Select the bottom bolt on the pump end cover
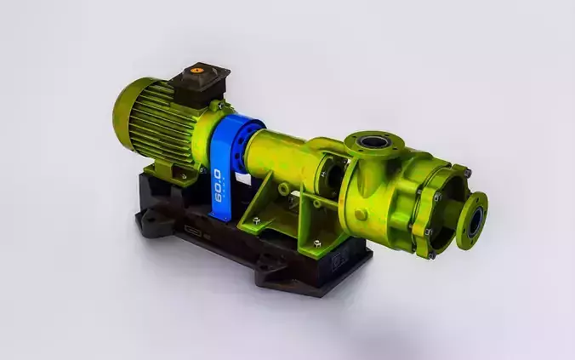coord(431,254)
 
